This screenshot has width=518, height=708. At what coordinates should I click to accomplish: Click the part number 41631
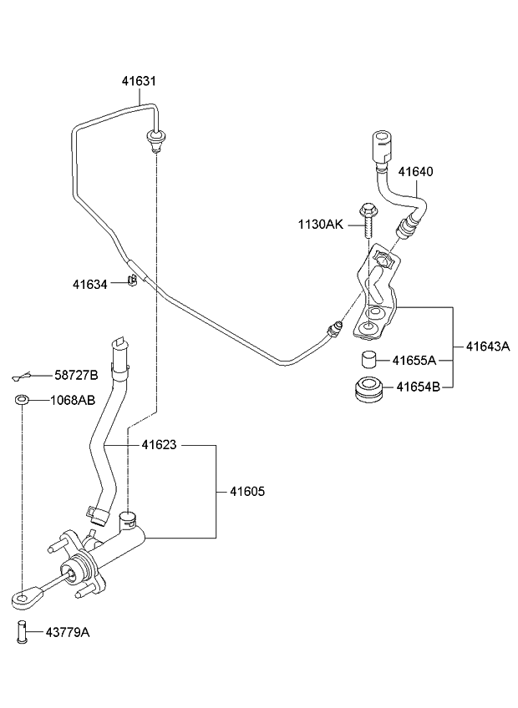139,81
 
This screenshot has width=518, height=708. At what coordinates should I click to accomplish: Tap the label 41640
415,172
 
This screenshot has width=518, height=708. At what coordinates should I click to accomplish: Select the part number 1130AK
320,224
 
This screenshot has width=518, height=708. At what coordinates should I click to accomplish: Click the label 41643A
487,346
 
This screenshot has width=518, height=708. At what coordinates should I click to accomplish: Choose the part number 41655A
416,361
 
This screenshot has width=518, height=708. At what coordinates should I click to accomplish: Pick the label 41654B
416,387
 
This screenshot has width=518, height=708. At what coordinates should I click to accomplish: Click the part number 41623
159,446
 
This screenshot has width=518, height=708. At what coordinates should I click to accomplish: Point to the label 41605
246,492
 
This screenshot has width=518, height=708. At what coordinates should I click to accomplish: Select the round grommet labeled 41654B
368,390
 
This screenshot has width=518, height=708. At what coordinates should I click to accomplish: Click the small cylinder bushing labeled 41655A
365,361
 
